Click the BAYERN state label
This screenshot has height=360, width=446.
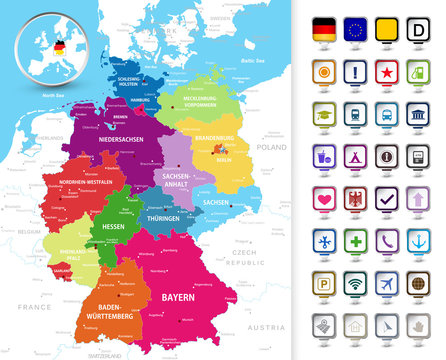[x=179, y=298]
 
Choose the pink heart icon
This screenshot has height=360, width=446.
[x=326, y=198]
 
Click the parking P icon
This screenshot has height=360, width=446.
[x=326, y=283]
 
